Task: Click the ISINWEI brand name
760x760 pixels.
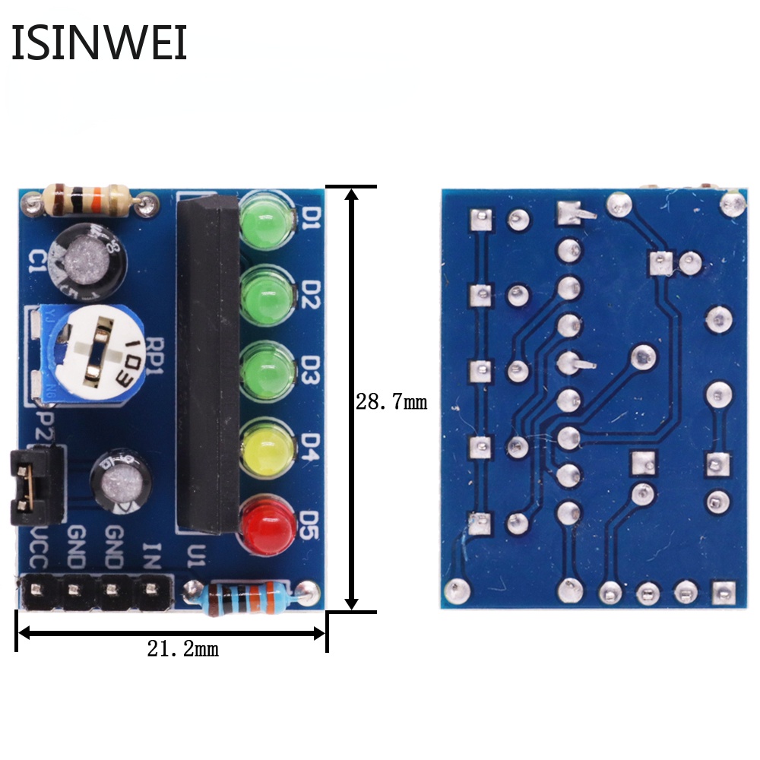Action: coord(99,43)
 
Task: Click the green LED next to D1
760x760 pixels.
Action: coord(266,220)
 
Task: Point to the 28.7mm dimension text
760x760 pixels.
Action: coord(391,401)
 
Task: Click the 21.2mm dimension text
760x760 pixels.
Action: coord(182,649)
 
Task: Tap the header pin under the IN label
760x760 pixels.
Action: coord(150,588)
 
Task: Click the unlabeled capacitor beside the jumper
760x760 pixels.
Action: coord(122,483)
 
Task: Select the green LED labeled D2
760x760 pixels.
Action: coord(266,295)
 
